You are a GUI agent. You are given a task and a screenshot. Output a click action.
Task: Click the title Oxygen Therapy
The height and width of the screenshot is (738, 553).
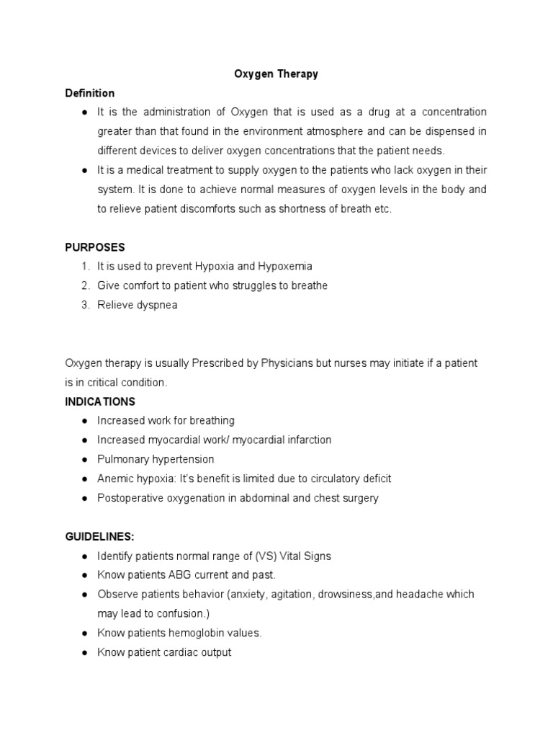[x=276, y=74]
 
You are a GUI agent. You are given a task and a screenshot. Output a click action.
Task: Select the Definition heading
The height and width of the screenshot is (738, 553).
[x=89, y=93]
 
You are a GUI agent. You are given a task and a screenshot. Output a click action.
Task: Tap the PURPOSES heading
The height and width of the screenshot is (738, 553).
[x=94, y=247]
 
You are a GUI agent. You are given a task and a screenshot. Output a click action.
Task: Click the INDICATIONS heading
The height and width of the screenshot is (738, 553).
[x=100, y=401]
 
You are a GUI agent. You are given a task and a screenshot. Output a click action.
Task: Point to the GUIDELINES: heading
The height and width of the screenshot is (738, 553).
[x=99, y=537]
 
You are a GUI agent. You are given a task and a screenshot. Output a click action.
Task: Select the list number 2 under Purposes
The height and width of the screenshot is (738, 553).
[x=85, y=285]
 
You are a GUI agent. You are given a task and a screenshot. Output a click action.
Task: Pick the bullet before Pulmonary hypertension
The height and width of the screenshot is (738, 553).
[x=84, y=459]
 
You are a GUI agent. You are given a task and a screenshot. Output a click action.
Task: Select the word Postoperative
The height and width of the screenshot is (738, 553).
[x=128, y=498]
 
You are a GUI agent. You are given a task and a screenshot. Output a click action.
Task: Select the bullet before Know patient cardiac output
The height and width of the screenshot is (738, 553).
[x=84, y=653]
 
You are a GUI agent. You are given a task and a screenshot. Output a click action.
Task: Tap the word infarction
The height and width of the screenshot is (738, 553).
[x=308, y=440]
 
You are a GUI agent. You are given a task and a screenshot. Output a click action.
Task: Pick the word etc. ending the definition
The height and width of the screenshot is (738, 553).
[x=381, y=209]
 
